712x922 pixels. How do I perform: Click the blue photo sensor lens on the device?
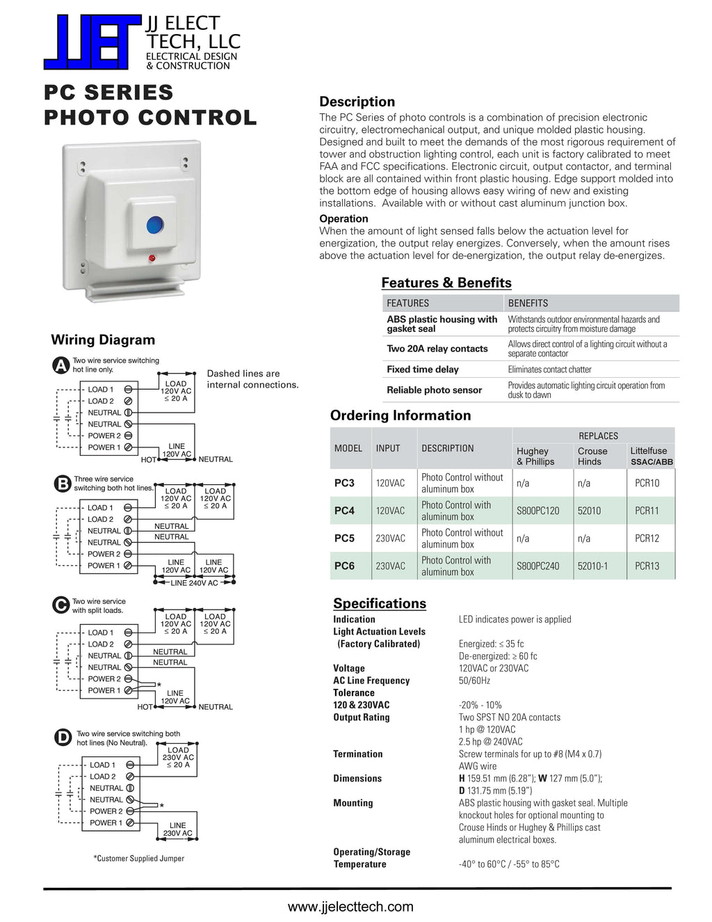coord(154,225)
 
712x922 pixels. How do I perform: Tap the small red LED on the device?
coord(152,258)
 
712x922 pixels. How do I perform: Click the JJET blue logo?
coord(92,42)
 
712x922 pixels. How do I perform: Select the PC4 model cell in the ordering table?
coord(344,511)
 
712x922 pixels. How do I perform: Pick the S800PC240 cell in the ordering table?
coord(537,566)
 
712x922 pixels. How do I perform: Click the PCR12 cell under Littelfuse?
coord(647,539)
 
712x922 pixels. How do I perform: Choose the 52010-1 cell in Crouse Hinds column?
coord(592,566)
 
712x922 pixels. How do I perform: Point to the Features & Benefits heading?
coord(446,283)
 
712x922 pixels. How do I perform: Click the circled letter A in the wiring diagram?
coord(62,365)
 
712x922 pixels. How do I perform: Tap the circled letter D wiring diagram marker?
coord(63,738)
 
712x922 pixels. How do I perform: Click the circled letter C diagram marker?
coord(61,605)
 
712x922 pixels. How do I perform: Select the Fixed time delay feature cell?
coord(423,369)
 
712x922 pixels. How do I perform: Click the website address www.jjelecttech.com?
coord(350,907)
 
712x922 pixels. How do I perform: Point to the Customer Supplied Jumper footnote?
coord(139,858)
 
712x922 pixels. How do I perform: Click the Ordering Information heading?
coord(400,415)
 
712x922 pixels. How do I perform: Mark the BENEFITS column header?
coord(528,303)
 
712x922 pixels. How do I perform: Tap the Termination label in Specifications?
coord(357,754)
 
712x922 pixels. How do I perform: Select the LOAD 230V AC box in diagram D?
coord(178,757)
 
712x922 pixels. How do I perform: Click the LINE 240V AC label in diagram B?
coord(194,583)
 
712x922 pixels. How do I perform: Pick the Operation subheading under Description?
coord(343,218)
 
